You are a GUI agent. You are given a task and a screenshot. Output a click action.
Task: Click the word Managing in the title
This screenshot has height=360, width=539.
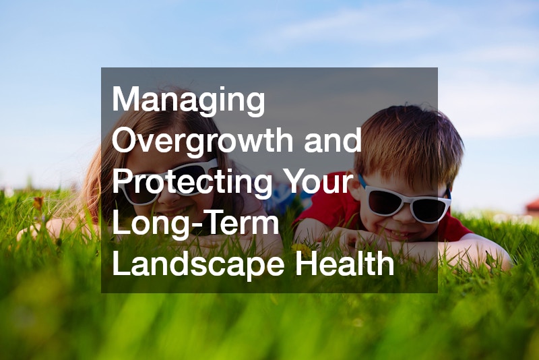pos(189,101)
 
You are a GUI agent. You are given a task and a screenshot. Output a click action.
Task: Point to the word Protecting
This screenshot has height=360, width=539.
pos(192,183)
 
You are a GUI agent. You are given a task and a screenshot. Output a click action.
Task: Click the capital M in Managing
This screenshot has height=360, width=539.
pos(127,101)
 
